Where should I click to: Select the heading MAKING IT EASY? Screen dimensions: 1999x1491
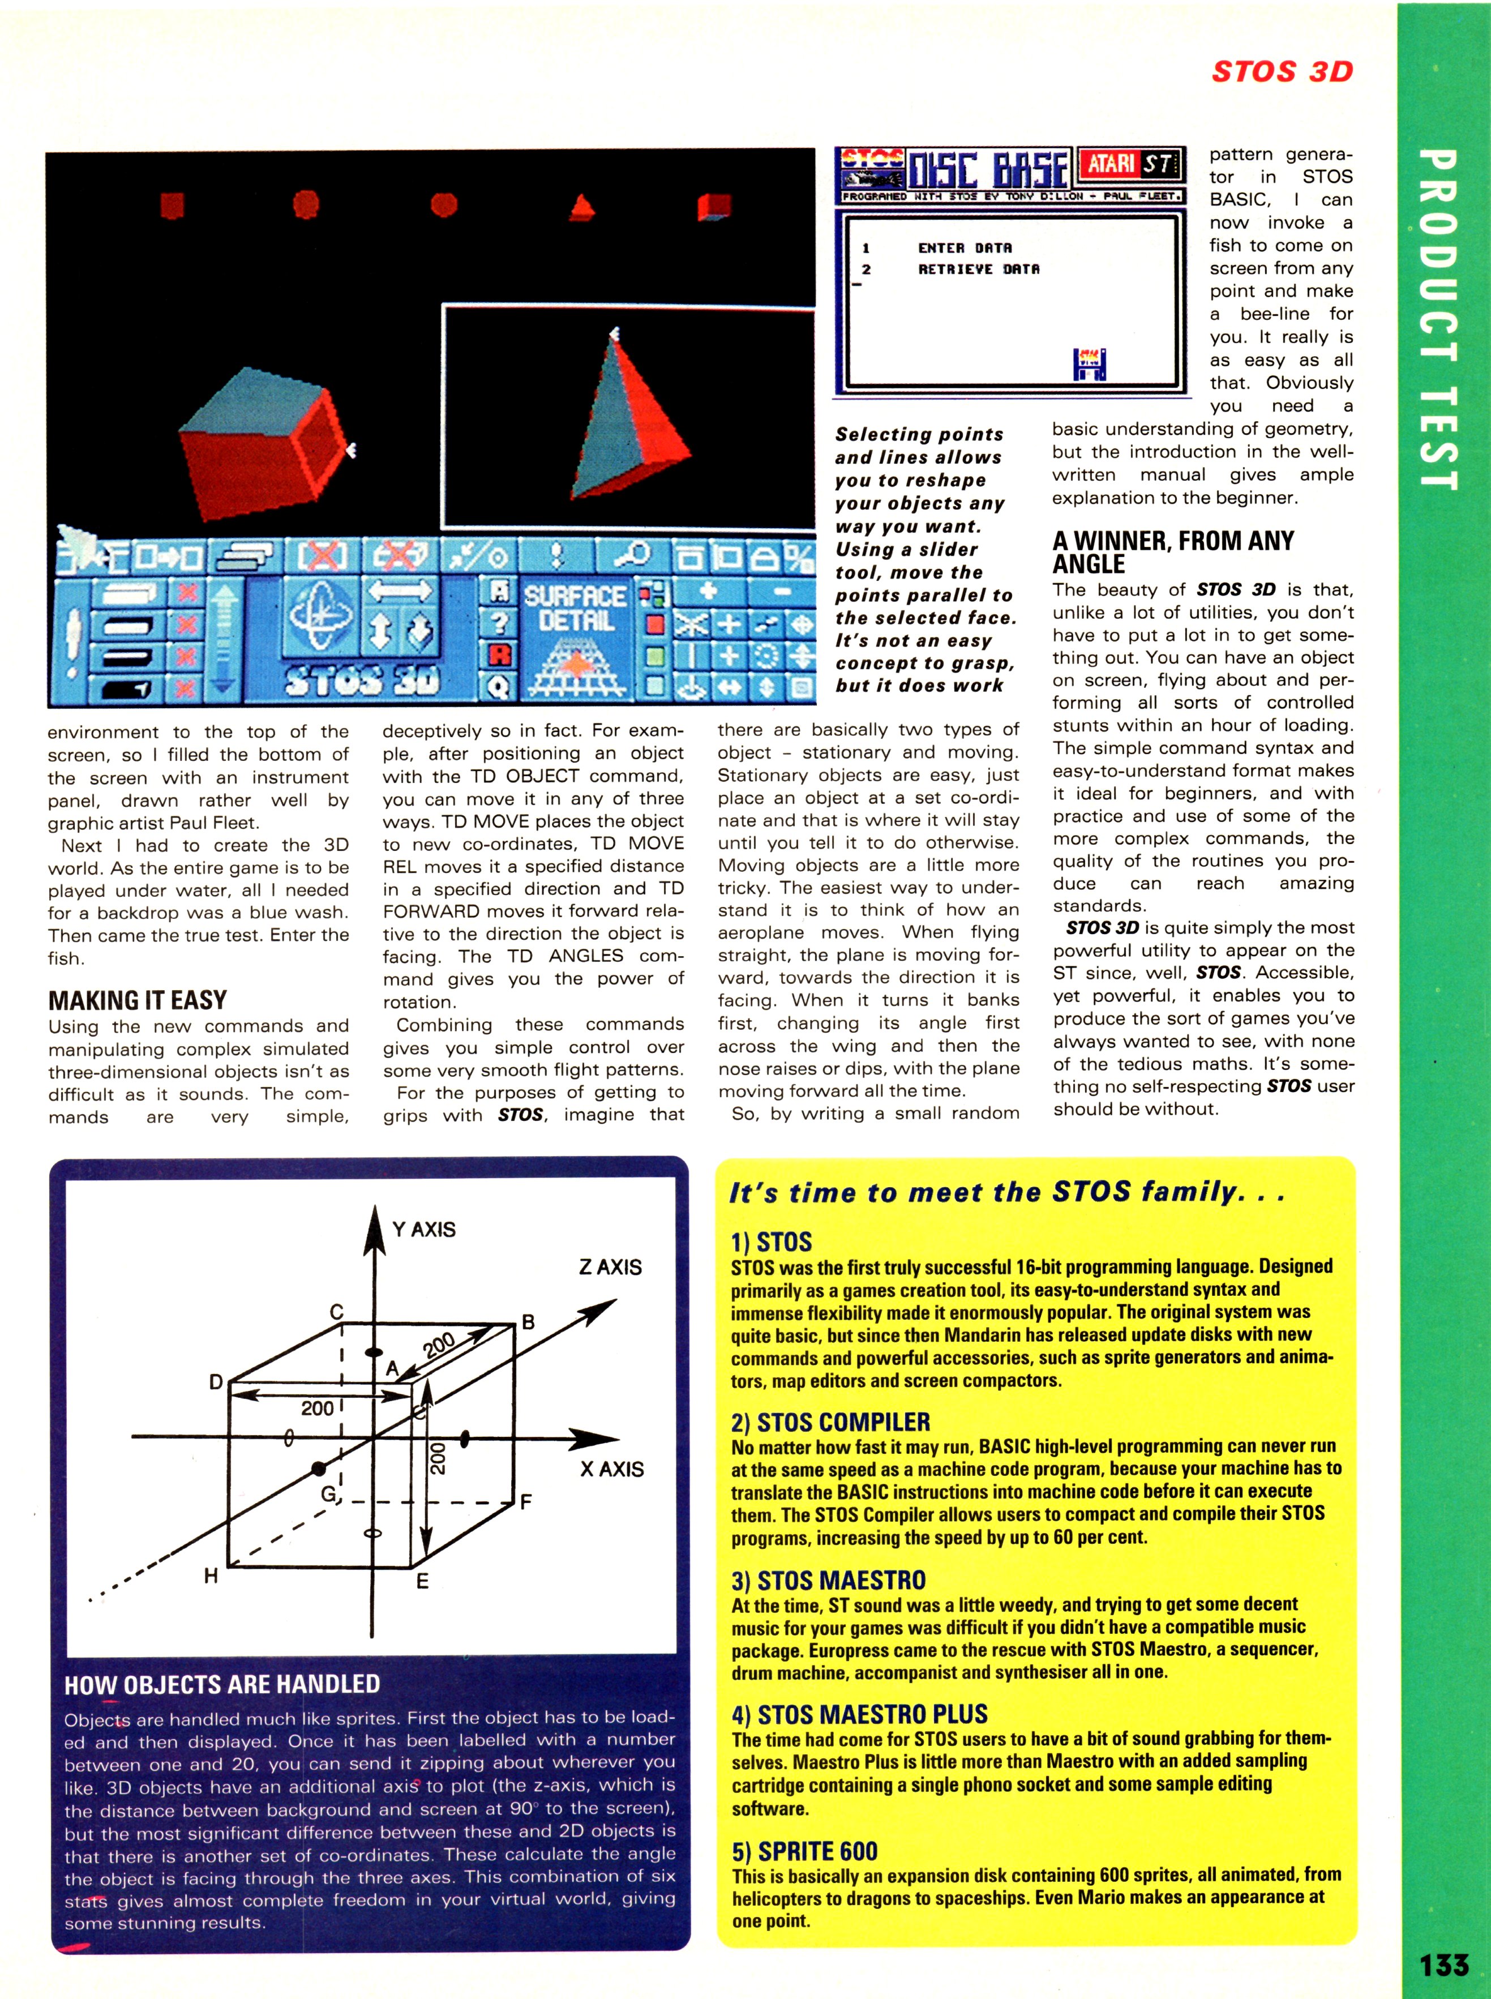point(137,1000)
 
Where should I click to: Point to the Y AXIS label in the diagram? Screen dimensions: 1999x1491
point(423,1229)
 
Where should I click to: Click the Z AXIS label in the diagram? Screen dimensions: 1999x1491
point(610,1267)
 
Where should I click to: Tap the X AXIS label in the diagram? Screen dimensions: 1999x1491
point(612,1469)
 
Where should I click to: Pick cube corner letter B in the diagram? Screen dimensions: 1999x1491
point(529,1322)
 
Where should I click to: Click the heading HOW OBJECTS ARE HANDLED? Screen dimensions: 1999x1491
point(222,1684)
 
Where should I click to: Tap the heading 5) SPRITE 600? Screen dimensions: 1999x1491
point(804,1851)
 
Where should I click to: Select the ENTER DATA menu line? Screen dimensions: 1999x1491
point(964,247)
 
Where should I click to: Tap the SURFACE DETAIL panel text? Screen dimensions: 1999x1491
point(576,608)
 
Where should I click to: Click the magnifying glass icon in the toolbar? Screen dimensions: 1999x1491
point(635,554)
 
